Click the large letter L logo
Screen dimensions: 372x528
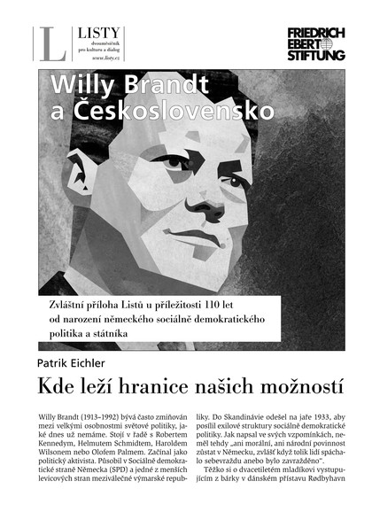(x=51, y=43)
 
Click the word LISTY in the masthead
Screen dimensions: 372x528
(x=94, y=32)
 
